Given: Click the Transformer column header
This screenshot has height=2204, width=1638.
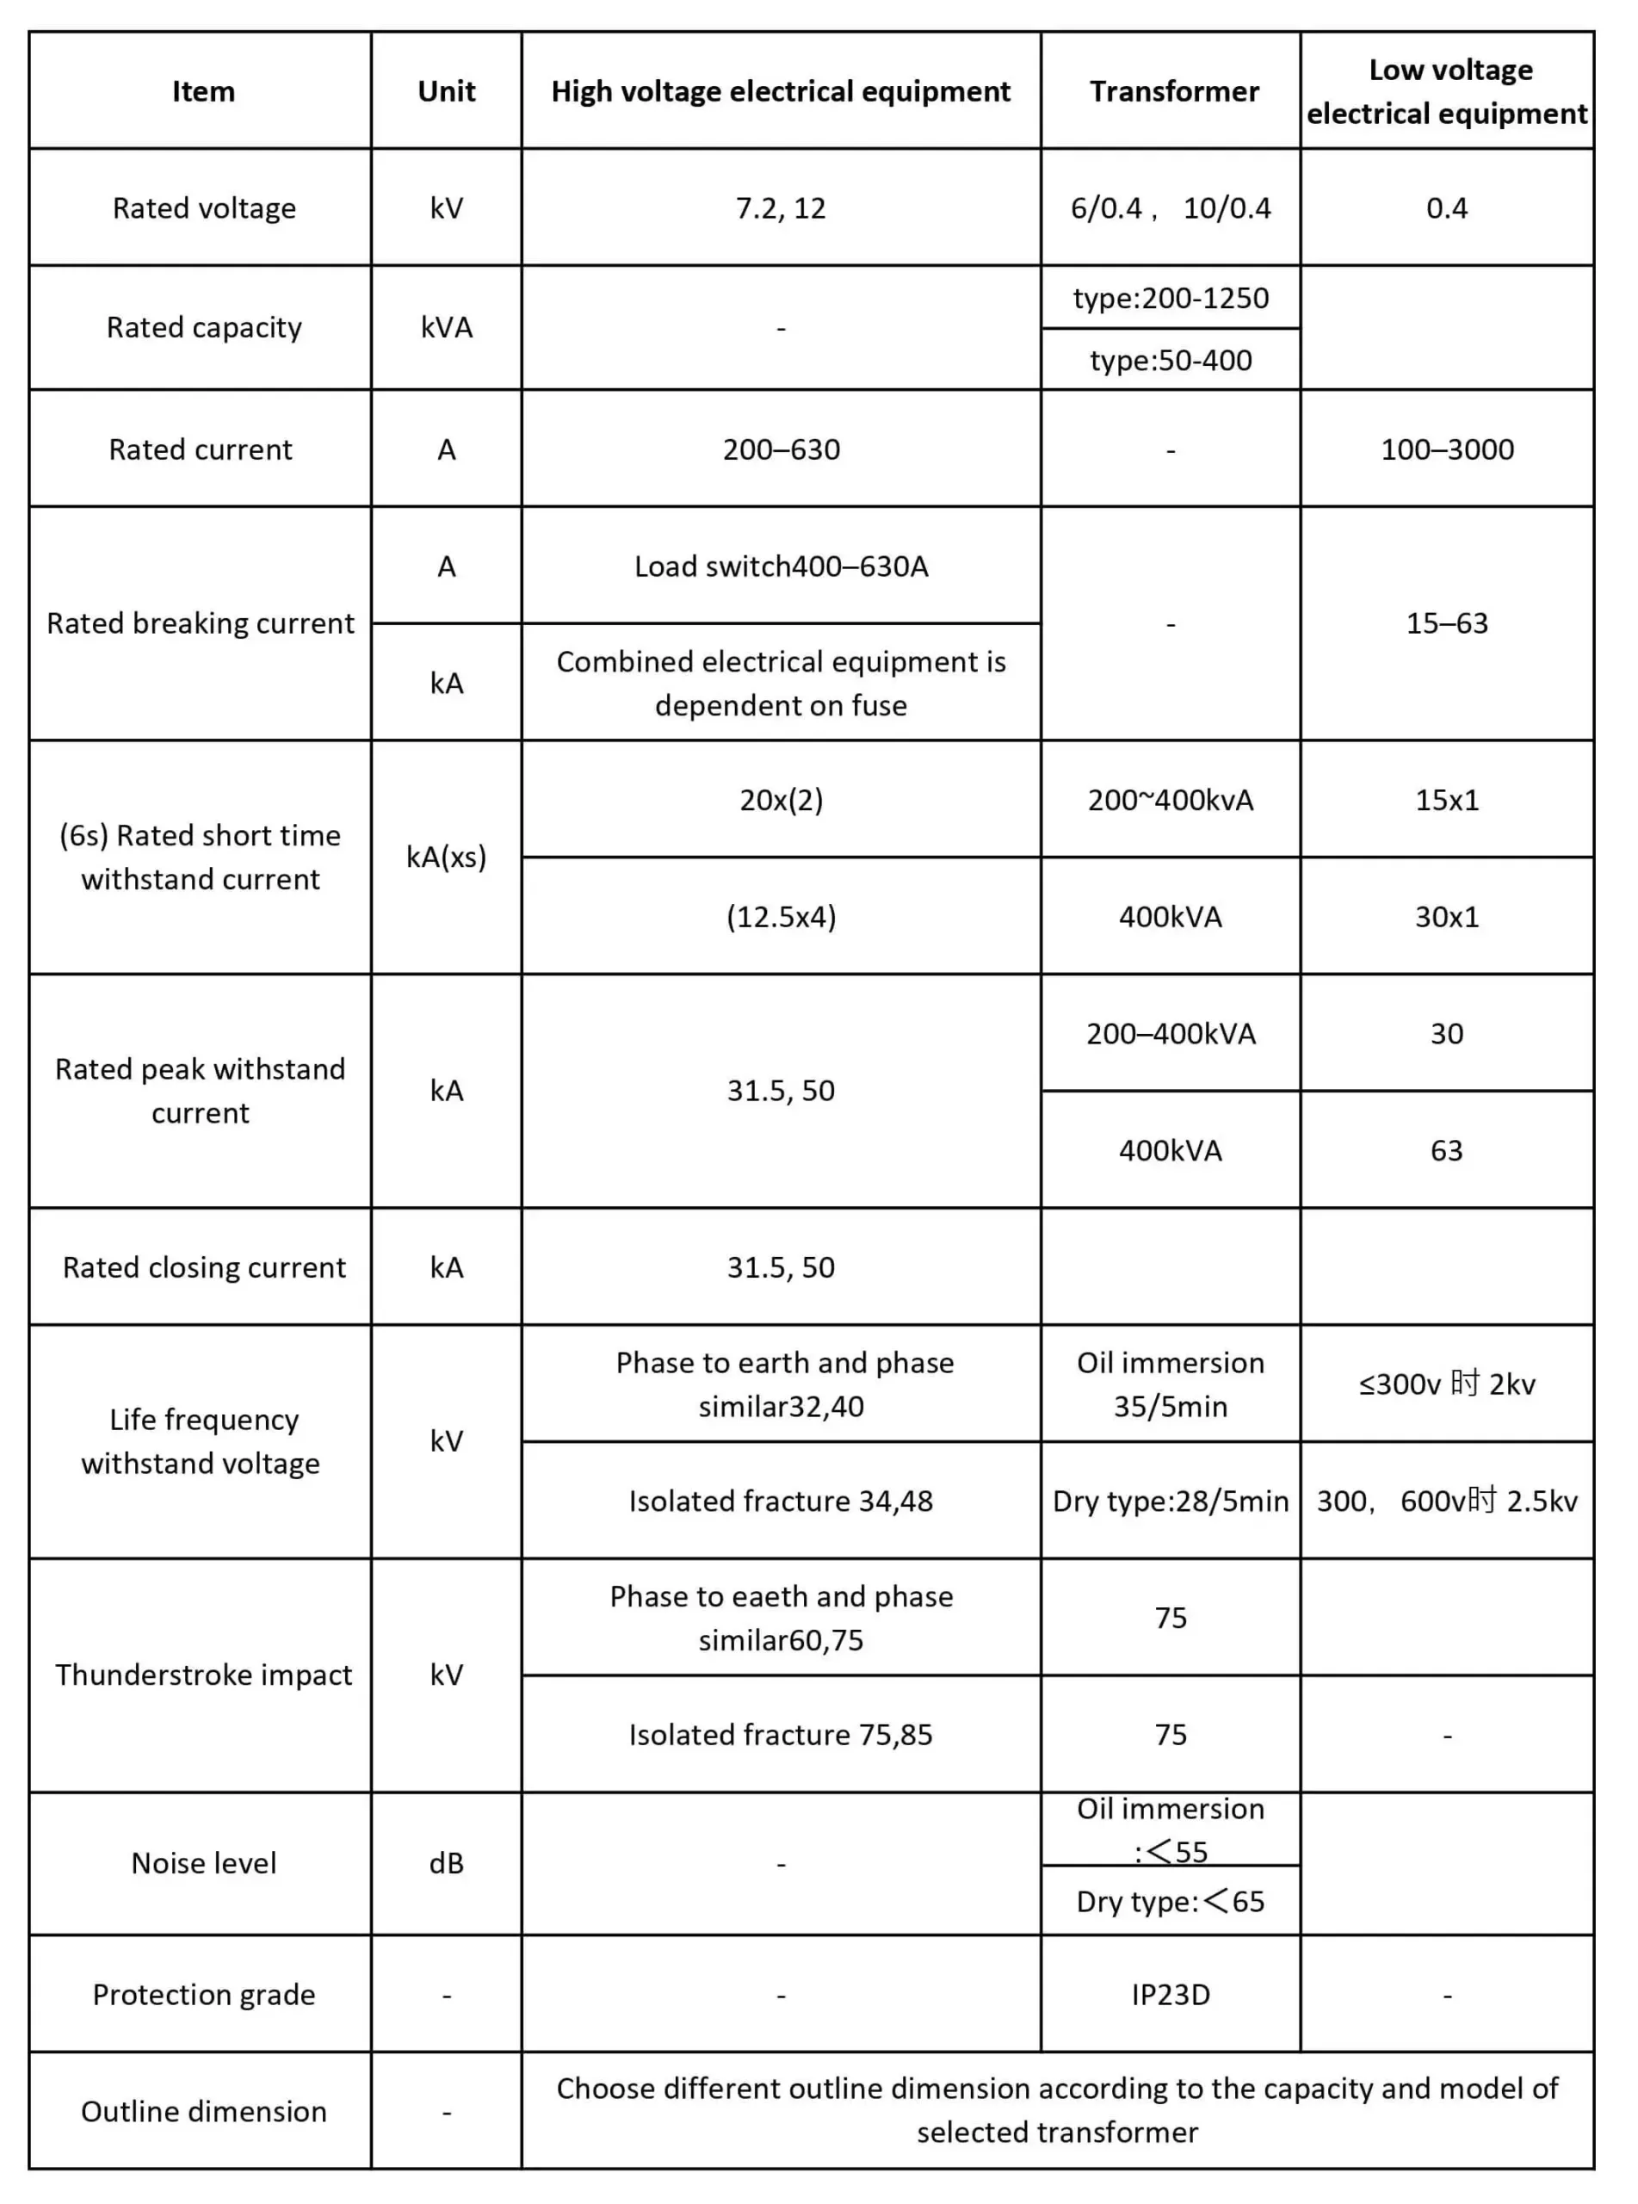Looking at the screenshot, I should click(x=1174, y=91).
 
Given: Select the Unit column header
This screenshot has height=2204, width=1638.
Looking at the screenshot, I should click(x=446, y=91).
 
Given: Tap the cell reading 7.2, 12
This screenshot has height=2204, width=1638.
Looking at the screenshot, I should click(x=781, y=208).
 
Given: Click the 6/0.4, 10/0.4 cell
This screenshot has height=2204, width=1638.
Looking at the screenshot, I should click(x=1170, y=208).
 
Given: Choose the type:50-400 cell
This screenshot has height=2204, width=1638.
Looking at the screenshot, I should click(x=1170, y=360).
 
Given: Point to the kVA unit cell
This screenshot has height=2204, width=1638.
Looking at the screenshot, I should click(x=446, y=327).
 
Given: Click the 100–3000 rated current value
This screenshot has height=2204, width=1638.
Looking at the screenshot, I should click(x=1447, y=449).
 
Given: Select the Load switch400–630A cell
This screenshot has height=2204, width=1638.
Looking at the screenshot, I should click(x=781, y=566).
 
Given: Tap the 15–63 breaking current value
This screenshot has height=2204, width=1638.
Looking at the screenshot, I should click(x=1447, y=622).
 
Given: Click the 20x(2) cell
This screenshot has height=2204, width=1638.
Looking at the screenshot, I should click(x=781, y=799).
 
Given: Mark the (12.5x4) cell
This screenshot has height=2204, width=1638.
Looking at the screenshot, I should click(x=781, y=916).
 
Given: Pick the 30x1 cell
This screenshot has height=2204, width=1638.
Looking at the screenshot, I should click(x=1447, y=916).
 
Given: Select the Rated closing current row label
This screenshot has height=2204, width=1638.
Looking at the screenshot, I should click(x=203, y=1267).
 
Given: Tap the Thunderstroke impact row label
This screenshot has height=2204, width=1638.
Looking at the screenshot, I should click(x=203, y=1675).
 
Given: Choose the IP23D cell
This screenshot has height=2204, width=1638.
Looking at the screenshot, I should click(x=1170, y=1995).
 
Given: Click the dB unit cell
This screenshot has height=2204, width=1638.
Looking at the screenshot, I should click(x=446, y=1863).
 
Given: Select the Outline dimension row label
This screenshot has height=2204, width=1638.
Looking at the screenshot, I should click(x=203, y=2112).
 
